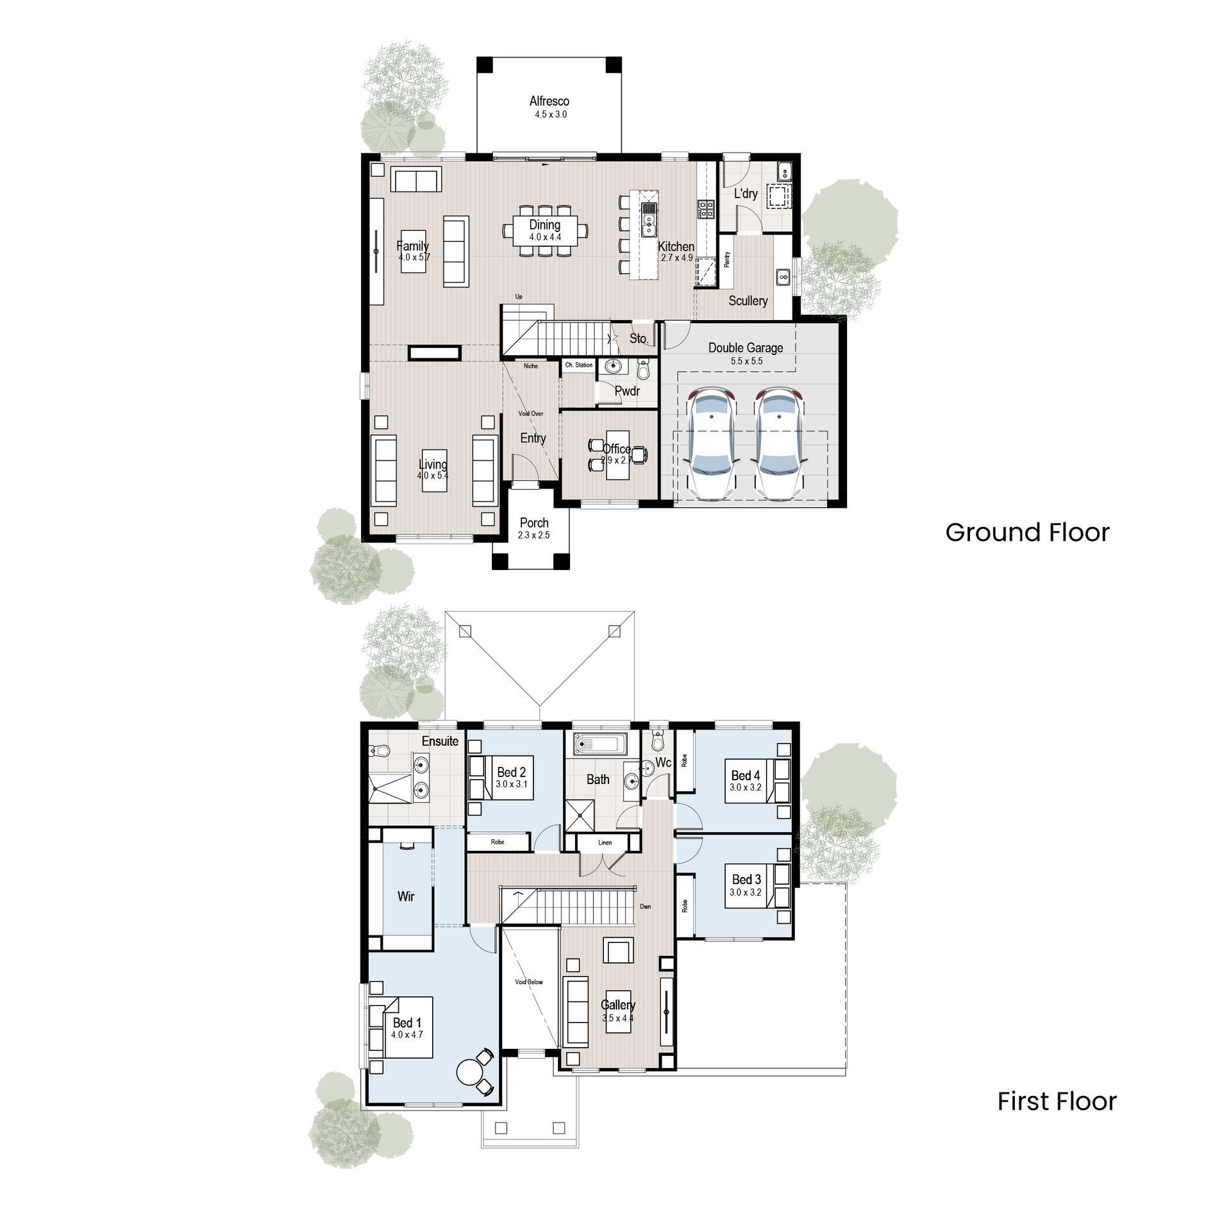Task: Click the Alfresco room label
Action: click(549, 101)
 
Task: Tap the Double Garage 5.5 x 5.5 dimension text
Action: click(746, 362)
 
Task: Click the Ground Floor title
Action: click(1027, 533)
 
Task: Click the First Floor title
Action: click(1057, 1101)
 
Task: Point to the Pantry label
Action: click(727, 259)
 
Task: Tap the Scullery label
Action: click(748, 301)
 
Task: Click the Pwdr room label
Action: click(627, 390)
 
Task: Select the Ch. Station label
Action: click(578, 365)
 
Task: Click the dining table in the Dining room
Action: click(545, 230)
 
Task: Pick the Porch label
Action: click(534, 523)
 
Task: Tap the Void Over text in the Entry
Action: click(530, 414)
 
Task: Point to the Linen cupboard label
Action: click(605, 842)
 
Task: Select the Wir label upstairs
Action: click(406, 896)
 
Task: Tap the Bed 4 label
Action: click(745, 776)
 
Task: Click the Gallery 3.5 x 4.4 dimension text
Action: click(617, 1018)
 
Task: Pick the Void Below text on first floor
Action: click(529, 982)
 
